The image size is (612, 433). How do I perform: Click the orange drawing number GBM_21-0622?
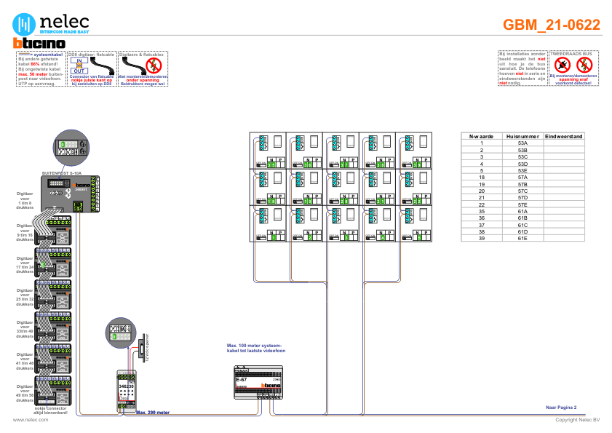(x=552, y=25)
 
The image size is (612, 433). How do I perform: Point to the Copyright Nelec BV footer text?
(x=577, y=420)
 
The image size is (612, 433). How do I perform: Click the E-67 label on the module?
(x=242, y=379)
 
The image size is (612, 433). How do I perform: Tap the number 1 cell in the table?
(x=482, y=143)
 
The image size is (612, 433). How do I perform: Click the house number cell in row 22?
(x=522, y=204)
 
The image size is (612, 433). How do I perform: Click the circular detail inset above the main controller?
(x=72, y=148)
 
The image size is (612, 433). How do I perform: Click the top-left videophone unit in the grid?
(x=268, y=150)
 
